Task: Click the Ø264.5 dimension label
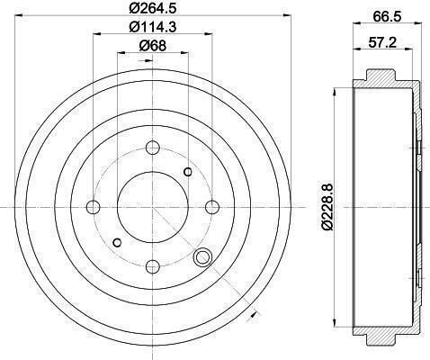153,8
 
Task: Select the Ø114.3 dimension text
153,27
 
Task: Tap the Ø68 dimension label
153,46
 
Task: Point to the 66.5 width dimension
387,17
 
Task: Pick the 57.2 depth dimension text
382,42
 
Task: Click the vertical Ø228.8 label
327,207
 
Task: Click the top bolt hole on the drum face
153,148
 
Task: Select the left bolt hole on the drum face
93,207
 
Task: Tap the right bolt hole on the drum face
212,207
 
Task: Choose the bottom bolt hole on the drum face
153,266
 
